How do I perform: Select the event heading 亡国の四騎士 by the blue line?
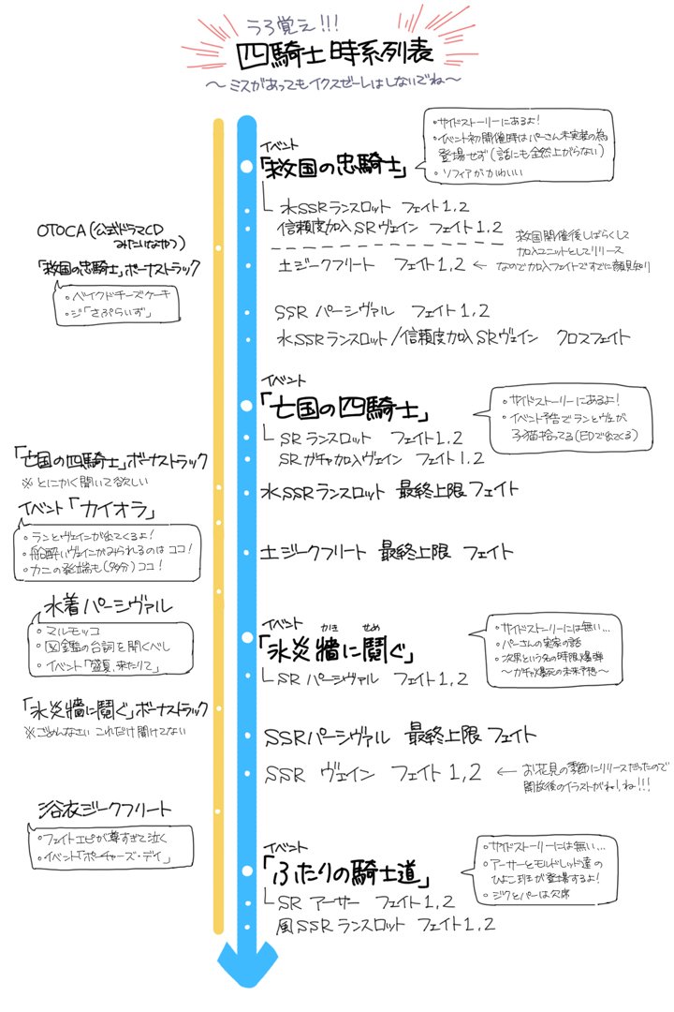click(334, 409)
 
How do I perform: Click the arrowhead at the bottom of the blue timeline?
click(246, 966)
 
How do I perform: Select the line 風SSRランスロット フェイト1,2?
click(384, 926)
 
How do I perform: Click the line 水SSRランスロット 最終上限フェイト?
click(389, 490)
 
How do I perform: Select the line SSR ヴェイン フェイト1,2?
click(374, 774)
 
